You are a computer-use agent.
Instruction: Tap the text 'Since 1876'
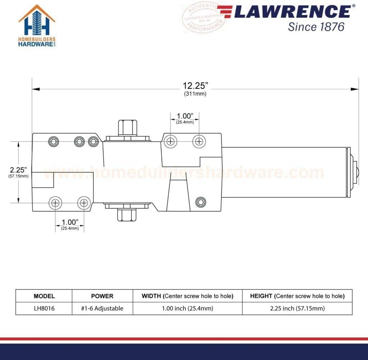[x=316, y=27]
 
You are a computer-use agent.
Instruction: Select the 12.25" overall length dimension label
[x=195, y=85]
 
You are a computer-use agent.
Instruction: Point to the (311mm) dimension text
[x=195, y=94]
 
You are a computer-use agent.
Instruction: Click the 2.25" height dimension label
[x=18, y=169]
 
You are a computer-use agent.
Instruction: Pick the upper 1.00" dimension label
[x=185, y=116]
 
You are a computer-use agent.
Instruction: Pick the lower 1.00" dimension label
[x=69, y=222]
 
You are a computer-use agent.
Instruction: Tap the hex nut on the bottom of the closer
[x=128, y=215]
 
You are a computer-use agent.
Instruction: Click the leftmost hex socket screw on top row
[x=54, y=141]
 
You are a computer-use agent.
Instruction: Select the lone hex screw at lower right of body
[x=201, y=202]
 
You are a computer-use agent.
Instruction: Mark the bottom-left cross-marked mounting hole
[x=55, y=203]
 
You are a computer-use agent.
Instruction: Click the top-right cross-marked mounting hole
[x=199, y=141]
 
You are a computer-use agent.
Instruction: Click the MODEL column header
[x=44, y=296]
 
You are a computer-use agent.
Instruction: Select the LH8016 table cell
[x=44, y=308]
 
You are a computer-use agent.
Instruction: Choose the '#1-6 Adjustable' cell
[x=102, y=308]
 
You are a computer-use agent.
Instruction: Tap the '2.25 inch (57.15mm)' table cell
[x=297, y=308]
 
